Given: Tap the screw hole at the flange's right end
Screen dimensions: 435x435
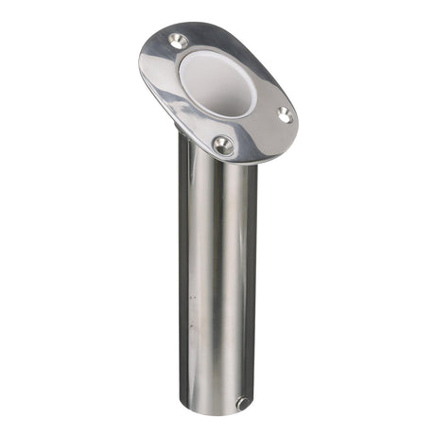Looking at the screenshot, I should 282,113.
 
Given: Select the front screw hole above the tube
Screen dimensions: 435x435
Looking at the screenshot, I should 223,145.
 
